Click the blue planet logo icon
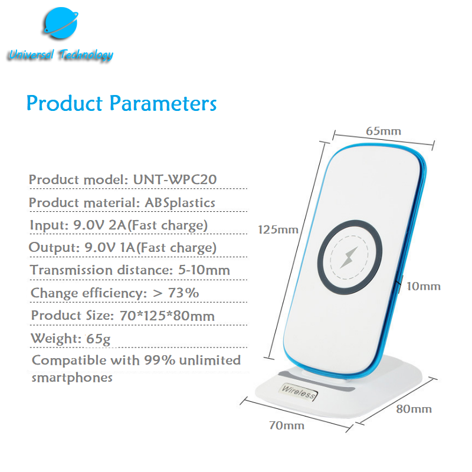(61, 23)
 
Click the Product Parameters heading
(122, 103)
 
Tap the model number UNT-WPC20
(175, 179)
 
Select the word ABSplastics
(180, 202)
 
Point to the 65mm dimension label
(383, 131)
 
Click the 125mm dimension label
(278, 230)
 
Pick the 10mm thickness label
(424, 286)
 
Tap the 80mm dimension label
(414, 409)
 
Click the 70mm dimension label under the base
(287, 425)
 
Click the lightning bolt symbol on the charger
(349, 257)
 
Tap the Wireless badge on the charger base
(299, 392)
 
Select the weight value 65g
(99, 339)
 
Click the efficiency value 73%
(183, 293)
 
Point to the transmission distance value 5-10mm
(204, 270)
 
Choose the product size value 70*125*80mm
(167, 316)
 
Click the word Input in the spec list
(50, 225)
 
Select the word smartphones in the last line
(72, 378)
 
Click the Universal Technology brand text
(61, 55)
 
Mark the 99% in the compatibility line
(159, 360)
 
